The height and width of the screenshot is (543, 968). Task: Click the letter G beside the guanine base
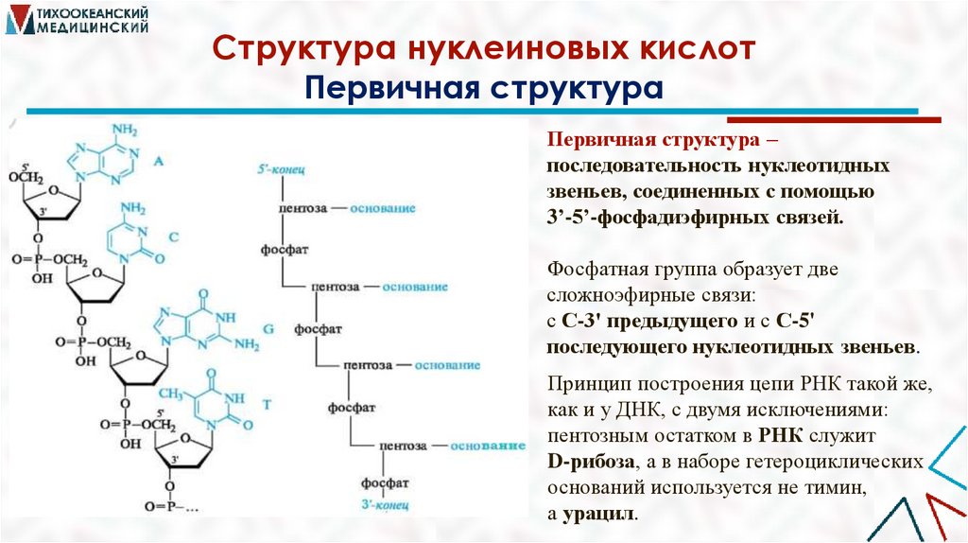268,327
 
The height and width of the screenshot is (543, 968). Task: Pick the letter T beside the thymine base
267,404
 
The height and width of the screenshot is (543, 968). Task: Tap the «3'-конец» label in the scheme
386,504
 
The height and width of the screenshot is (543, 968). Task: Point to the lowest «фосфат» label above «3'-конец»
386,482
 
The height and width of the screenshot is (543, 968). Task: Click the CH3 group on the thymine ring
172,392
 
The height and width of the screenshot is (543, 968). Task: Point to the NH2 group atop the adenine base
125,131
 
